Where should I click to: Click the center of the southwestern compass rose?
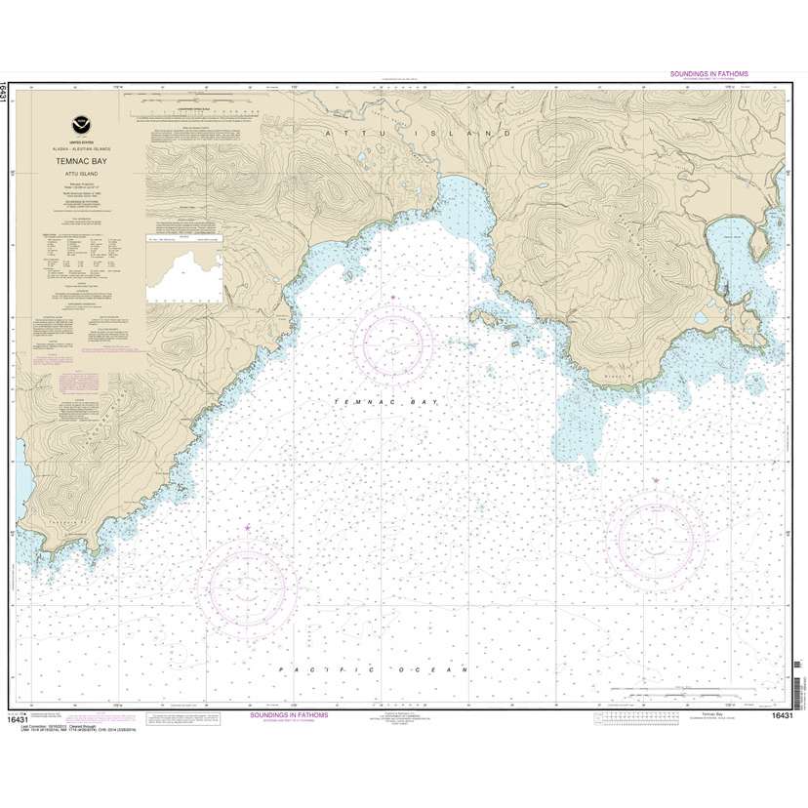click(247, 583)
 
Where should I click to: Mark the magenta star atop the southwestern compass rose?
click(247, 529)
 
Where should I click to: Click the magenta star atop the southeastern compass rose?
click(656, 481)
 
